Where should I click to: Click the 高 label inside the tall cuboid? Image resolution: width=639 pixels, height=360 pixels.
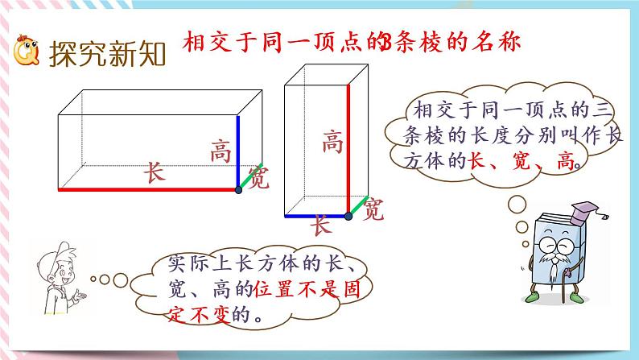coord(332,143)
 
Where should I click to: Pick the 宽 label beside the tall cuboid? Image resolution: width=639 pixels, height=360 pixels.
coord(373,211)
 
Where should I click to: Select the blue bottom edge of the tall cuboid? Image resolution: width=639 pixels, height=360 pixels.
coord(315,216)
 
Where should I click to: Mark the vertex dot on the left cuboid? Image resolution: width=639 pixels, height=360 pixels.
coord(238,189)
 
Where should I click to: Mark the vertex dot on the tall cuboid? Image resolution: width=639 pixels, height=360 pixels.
coord(348,216)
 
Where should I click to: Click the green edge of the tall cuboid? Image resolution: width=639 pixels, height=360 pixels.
coord(358,206)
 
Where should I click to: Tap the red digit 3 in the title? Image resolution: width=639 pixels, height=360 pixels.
coord(385,42)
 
